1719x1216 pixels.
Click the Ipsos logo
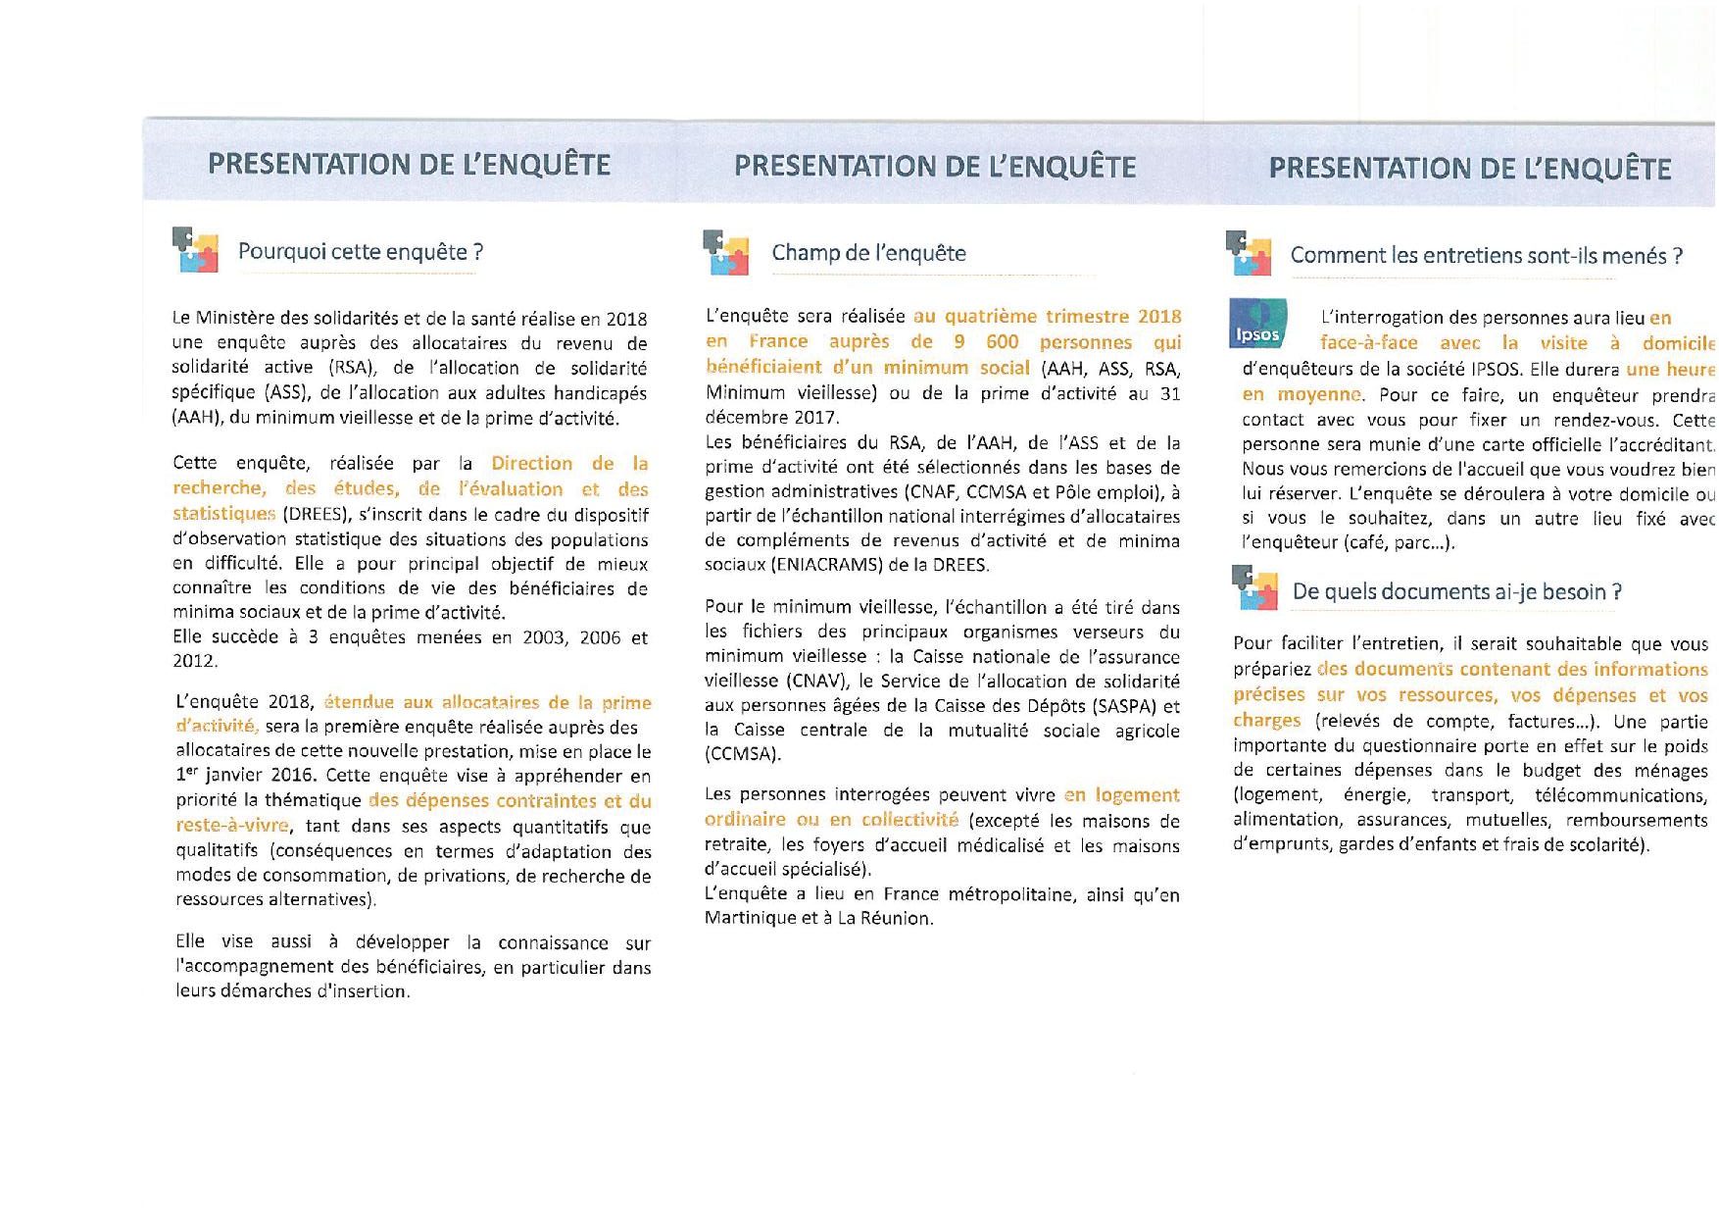point(1257,324)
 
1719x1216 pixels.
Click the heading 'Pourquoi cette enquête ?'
point(360,252)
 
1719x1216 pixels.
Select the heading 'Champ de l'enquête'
point(868,253)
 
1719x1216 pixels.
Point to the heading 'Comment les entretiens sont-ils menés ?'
point(1486,256)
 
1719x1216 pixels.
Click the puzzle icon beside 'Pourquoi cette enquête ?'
point(194,249)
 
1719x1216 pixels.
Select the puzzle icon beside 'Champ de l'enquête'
point(725,252)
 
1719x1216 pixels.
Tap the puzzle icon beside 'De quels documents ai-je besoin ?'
point(1254,588)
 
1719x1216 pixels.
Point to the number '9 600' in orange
point(986,342)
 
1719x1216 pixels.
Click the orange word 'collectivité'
point(909,820)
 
